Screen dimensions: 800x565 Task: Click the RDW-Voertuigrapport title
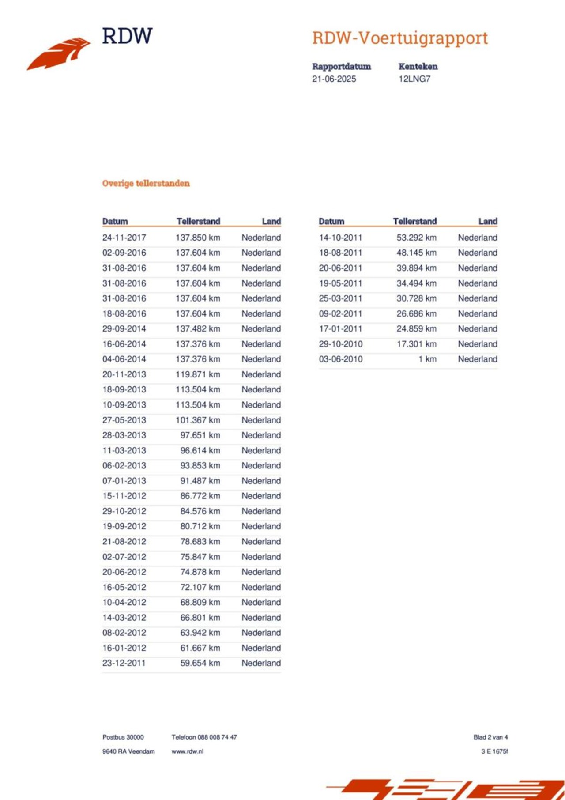tap(399, 38)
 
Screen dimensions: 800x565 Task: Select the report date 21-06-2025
tap(334, 79)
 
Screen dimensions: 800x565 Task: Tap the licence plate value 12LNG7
tap(414, 79)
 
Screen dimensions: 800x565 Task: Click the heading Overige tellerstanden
tap(146, 183)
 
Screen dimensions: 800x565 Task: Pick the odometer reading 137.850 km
tap(198, 238)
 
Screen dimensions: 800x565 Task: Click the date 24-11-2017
tap(124, 238)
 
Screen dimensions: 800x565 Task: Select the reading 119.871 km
tap(198, 374)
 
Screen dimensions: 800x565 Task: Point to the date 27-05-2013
tap(124, 420)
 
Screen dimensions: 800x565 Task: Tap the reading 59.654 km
tap(200, 663)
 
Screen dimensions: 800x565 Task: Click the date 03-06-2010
tap(340, 359)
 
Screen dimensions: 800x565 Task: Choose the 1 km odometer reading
tap(427, 359)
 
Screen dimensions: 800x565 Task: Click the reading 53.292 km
tap(416, 238)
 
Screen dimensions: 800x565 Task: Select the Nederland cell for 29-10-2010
tap(477, 344)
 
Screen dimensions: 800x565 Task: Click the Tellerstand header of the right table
tap(414, 221)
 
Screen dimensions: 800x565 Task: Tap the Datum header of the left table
tap(115, 221)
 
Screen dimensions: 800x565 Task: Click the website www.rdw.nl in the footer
tap(187, 751)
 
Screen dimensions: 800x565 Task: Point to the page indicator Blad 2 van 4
tap(490, 737)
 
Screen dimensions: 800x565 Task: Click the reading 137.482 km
tap(198, 329)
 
